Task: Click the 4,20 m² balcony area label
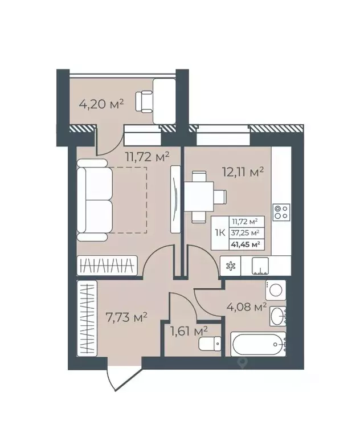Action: (x=100, y=104)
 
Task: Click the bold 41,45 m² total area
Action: (x=245, y=244)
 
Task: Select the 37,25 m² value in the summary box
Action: (x=245, y=232)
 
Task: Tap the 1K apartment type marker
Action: (x=220, y=232)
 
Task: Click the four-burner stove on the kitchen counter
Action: (x=280, y=212)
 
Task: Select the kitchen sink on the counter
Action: (x=260, y=265)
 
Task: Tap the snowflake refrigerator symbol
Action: (x=231, y=265)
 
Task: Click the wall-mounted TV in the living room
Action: (x=175, y=198)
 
